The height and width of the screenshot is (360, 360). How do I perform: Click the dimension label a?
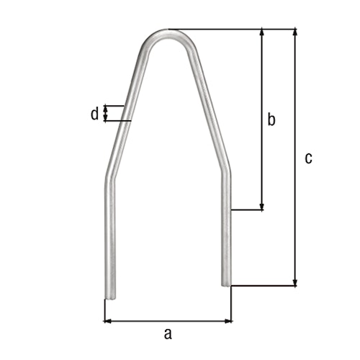tap(168, 333)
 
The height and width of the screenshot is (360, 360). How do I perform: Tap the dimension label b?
tap(271, 120)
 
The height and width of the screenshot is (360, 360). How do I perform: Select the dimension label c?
tap(308, 158)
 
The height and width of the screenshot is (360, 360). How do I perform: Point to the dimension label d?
tap(94, 114)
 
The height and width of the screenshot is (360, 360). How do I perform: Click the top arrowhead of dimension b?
tap(262, 33)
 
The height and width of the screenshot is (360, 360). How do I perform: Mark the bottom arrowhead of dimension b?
tap(262, 207)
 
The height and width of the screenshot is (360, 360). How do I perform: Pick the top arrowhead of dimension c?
tap(294, 33)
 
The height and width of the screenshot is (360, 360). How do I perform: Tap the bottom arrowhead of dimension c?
tap(294, 282)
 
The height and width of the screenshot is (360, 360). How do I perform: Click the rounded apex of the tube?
tap(168, 33)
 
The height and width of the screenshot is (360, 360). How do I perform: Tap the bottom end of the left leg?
tap(109, 296)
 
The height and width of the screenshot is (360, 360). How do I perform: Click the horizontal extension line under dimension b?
tap(248, 211)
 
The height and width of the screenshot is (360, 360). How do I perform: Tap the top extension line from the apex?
tap(230, 29)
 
